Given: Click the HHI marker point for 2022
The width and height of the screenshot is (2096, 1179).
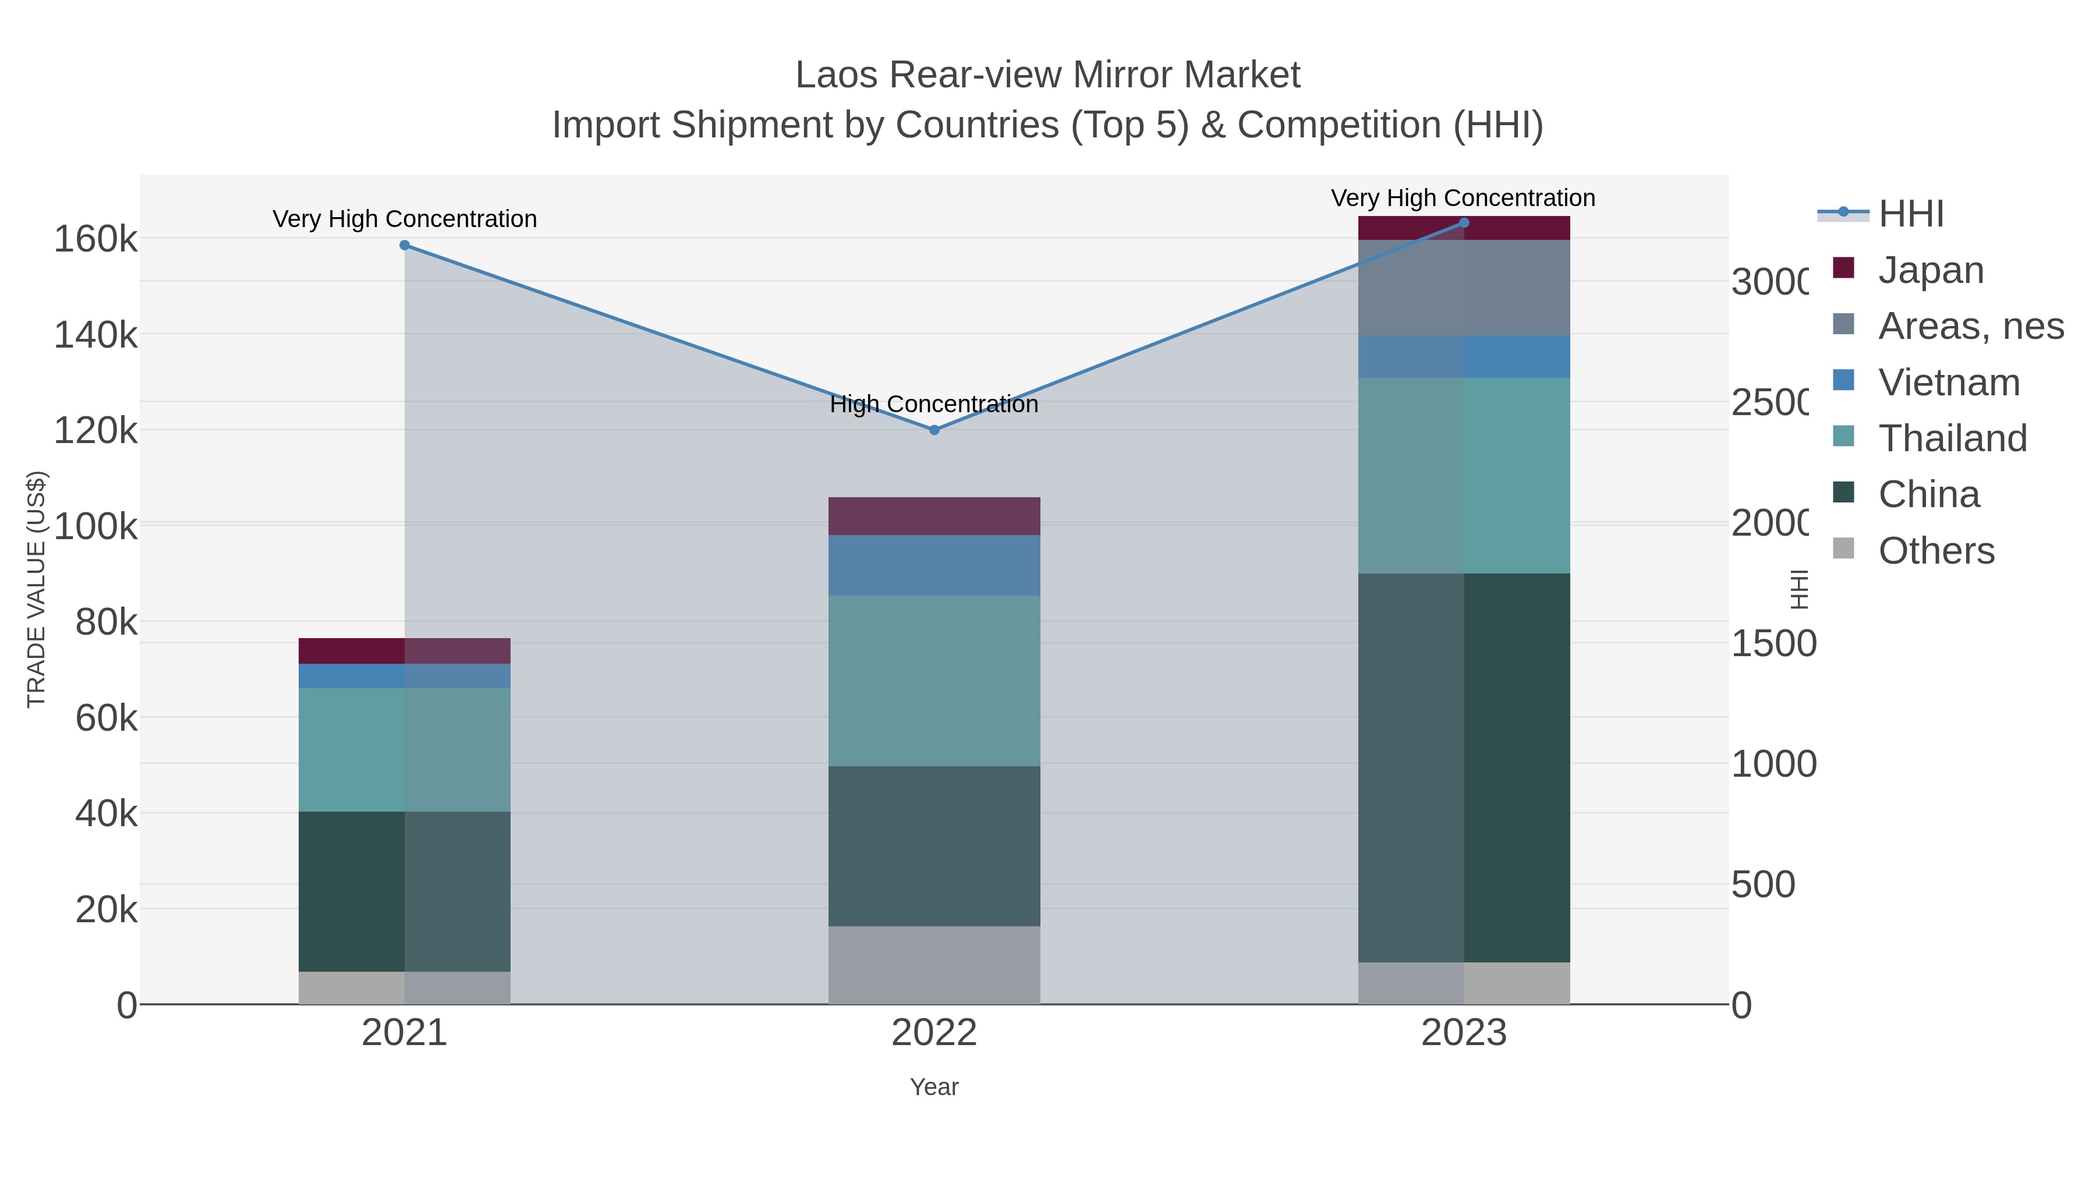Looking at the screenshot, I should tap(934, 430).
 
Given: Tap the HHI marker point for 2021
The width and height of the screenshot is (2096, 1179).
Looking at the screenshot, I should tap(405, 245).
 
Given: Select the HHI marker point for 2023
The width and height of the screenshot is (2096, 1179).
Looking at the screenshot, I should tap(1464, 223).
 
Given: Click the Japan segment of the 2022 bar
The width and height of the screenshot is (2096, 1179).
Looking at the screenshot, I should tap(934, 516).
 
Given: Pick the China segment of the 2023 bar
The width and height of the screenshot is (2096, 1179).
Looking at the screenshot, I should tap(1464, 767).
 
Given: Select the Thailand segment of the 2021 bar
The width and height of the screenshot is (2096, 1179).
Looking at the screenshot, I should tap(405, 749).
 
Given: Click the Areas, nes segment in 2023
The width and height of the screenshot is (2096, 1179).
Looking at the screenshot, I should tap(1464, 287).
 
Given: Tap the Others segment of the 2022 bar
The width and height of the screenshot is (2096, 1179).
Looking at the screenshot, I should tap(934, 964).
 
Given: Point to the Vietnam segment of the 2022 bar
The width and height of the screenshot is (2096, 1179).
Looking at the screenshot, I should tap(934, 565).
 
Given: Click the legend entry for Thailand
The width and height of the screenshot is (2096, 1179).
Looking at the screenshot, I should tap(1952, 438).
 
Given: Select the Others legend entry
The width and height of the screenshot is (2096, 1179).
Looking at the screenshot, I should tap(1936, 550).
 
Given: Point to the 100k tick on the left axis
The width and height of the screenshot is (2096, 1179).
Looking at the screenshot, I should tap(95, 526).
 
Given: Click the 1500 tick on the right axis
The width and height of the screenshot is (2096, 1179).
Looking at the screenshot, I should tap(1773, 643).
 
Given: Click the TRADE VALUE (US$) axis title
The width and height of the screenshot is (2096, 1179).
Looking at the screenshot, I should tap(37, 589).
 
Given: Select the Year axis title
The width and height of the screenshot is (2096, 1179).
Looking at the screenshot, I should tap(934, 1087).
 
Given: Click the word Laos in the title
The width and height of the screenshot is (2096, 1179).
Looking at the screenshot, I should tap(837, 75).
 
